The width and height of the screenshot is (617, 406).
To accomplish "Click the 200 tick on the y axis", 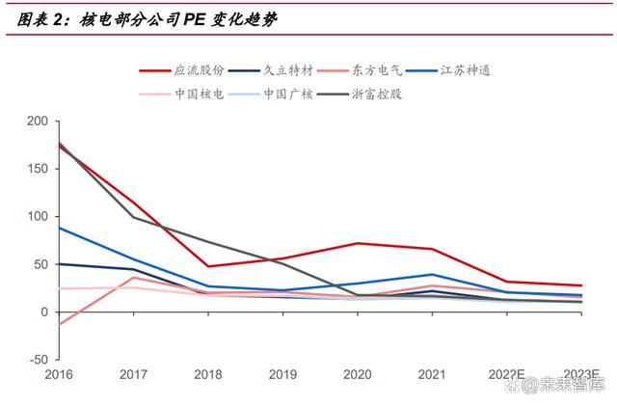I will [x=37, y=121].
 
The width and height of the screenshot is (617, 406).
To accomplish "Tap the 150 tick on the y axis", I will [x=37, y=169].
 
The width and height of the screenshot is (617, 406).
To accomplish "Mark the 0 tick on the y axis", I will [x=42, y=312].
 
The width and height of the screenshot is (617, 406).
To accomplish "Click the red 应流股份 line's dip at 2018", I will [x=209, y=266].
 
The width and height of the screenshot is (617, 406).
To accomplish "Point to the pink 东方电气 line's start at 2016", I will [x=59, y=324].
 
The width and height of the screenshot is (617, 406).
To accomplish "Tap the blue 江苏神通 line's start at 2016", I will [x=59, y=228].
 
